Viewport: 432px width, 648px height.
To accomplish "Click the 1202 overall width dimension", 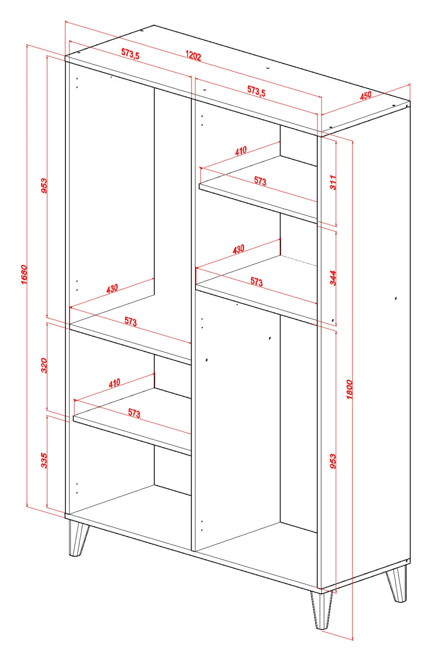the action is [x=193, y=56].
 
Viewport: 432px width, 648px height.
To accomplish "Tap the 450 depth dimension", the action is [x=365, y=95].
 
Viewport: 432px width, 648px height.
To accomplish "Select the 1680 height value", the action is [x=24, y=275].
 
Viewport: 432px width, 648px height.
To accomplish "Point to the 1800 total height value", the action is [x=349, y=389].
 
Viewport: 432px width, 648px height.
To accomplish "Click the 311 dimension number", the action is [x=333, y=183].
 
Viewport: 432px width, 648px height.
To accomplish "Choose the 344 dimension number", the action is [x=333, y=278].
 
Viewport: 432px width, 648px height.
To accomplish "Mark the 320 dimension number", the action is [x=44, y=365].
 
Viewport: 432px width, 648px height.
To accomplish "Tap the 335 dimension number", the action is [x=44, y=461].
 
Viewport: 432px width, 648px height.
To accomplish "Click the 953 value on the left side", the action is [x=44, y=186].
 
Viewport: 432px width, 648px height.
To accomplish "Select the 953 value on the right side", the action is [x=333, y=461].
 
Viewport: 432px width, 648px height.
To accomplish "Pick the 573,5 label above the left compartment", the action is [x=130, y=54].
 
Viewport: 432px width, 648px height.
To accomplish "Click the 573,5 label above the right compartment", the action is [x=256, y=91].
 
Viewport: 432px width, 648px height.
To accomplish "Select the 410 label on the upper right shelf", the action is [x=241, y=150].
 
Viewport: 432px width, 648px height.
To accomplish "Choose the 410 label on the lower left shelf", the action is [x=114, y=383].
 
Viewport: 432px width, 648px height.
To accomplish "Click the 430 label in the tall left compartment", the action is [x=112, y=289].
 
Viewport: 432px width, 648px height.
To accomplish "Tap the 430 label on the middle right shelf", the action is [x=238, y=249].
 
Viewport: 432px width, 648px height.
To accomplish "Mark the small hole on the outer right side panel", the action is [x=396, y=298].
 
